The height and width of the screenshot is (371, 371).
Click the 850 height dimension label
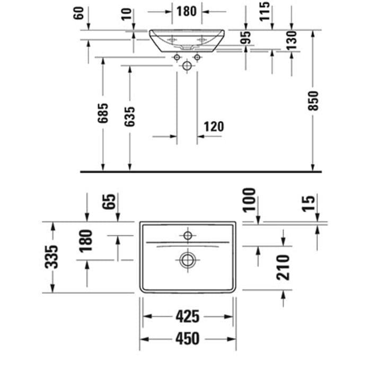click(313, 101)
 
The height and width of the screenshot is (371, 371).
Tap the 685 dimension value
click(103, 113)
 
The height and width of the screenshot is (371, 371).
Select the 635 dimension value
click(130, 117)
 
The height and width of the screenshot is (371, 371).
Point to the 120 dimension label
click(214, 127)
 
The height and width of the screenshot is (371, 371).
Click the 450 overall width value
click(188, 338)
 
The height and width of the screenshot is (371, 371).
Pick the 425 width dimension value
click(188, 316)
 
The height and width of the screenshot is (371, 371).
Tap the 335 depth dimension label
click(51, 257)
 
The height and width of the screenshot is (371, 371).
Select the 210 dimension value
click(283, 268)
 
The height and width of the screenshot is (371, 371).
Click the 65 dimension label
click(109, 202)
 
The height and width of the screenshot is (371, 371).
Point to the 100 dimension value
click(249, 200)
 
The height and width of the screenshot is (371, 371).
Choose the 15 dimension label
click(309, 203)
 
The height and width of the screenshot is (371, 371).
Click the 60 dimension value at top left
click(79, 13)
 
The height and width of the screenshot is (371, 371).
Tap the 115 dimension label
click(264, 11)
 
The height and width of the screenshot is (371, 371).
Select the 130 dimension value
click(291, 40)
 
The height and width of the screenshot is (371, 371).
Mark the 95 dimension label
click(245, 38)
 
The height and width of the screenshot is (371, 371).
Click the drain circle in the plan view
click(188, 260)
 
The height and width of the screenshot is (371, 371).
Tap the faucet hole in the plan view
click(188, 236)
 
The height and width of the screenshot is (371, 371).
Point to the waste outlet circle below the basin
click(187, 66)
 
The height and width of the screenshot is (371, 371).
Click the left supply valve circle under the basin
click(176, 57)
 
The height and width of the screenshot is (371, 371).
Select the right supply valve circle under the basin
click(197, 57)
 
